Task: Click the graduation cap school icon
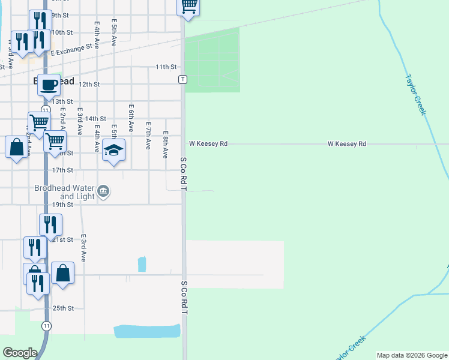tap(113, 150)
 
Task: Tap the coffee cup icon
tap(49, 85)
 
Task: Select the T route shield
tap(182, 79)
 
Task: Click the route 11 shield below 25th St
tap(47, 325)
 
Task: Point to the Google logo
tap(20, 353)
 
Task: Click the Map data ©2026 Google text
tap(411, 355)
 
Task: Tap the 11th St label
tap(166, 67)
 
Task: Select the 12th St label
tap(88, 84)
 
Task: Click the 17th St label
tap(62, 170)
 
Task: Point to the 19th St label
tap(62, 205)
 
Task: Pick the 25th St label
tap(62, 308)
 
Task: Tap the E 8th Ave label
tap(165, 145)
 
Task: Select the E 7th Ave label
tap(148, 136)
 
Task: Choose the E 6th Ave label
tap(131, 118)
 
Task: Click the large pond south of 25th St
tap(147, 331)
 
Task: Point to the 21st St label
tap(63, 239)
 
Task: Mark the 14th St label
tap(95, 119)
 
